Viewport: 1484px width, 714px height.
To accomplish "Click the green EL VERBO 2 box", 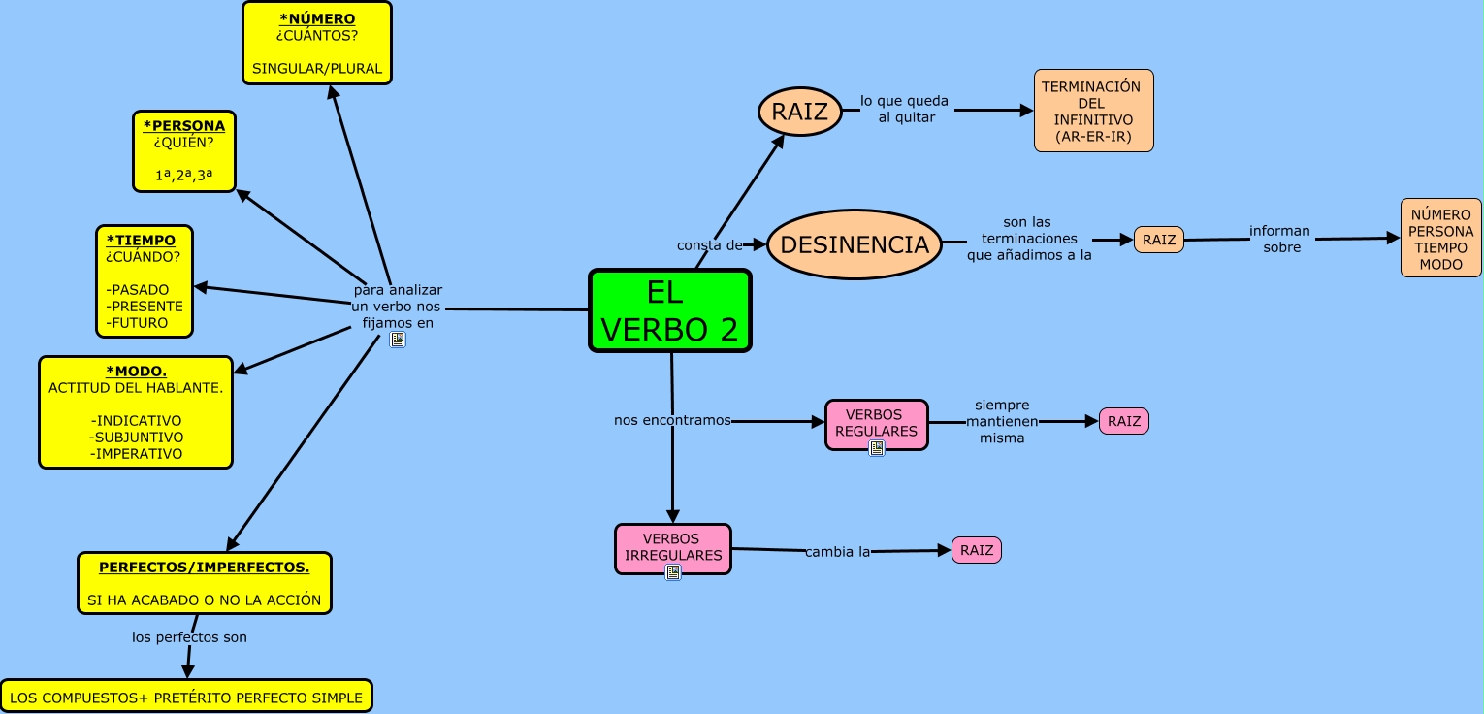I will (670, 310).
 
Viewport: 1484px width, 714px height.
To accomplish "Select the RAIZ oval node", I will (799, 112).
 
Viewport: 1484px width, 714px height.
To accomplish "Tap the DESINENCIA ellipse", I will (855, 245).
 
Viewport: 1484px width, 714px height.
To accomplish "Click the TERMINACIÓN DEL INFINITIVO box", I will (1093, 111).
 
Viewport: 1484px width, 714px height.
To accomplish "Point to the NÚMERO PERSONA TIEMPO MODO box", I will (1440, 238).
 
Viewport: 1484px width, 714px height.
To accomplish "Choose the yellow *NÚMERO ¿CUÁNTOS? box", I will (317, 44).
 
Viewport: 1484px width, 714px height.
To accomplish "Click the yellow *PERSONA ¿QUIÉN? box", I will (184, 151).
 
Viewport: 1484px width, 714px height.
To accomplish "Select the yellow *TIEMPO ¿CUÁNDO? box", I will (145, 281).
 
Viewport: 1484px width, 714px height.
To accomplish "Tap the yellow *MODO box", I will (136, 412).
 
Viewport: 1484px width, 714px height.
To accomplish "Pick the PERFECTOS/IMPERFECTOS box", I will (205, 583).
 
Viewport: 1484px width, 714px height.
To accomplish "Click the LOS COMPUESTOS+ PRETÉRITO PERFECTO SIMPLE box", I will (186, 697).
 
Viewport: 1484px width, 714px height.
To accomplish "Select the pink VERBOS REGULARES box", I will (876, 423).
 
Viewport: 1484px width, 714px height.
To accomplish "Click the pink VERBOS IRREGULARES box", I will (673, 547).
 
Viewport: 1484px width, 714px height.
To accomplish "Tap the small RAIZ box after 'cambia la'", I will (976, 550).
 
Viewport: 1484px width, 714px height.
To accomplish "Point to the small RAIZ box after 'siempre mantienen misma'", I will (1123, 421).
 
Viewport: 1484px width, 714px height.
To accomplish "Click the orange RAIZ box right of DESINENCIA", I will (1158, 240).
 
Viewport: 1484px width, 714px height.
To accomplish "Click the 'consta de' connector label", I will (709, 245).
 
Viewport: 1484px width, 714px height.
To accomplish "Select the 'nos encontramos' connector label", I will (672, 421).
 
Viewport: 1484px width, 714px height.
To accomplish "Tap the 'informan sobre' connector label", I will (1279, 239).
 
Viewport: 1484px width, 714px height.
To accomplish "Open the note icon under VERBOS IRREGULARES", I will (673, 572).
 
